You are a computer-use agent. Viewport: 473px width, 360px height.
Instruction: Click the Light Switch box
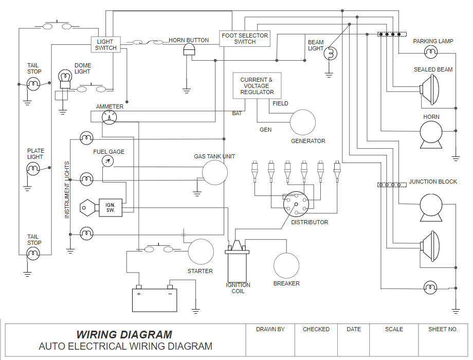pyautogui.click(x=105, y=45)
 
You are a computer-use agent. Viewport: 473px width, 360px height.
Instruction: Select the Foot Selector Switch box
pyautogui.click(x=245, y=39)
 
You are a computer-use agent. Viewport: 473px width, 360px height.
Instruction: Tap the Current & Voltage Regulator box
pyautogui.click(x=257, y=86)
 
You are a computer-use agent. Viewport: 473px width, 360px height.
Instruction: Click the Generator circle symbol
pyautogui.click(x=303, y=122)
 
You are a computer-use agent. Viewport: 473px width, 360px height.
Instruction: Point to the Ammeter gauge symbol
pyautogui.click(x=109, y=117)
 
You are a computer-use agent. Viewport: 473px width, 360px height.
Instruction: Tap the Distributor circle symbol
pyautogui.click(x=297, y=204)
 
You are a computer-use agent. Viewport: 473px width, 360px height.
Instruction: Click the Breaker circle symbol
pyautogui.click(x=286, y=265)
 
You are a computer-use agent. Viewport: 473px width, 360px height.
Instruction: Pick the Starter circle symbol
pyautogui.click(x=201, y=252)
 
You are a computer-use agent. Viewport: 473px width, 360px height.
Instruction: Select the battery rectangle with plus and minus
pyautogui.click(x=154, y=300)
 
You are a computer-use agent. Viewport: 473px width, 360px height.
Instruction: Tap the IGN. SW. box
pyautogui.click(x=111, y=207)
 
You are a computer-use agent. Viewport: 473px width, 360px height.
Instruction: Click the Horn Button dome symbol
pyautogui.click(x=190, y=49)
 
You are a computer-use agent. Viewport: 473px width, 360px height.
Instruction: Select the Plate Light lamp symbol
pyautogui.click(x=33, y=168)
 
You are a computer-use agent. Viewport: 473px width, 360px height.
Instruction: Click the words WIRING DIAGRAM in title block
pyautogui.click(x=124, y=335)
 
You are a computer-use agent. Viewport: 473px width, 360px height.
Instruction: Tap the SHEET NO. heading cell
pyautogui.click(x=442, y=329)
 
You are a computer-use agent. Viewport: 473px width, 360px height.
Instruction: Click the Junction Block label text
pyautogui.click(x=433, y=182)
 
